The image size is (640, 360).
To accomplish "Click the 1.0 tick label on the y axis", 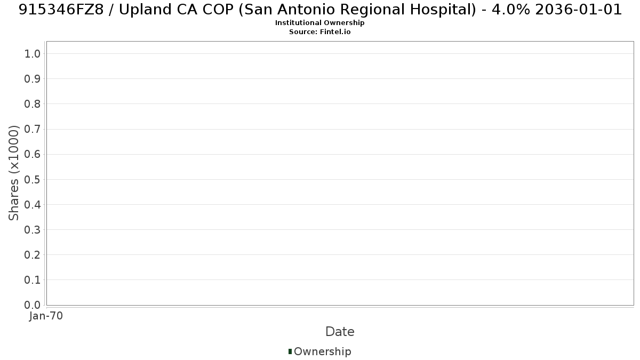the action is (x=32, y=54).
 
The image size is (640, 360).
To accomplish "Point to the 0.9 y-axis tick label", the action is (x=32, y=79).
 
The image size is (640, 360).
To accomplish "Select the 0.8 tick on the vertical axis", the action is (x=32, y=104).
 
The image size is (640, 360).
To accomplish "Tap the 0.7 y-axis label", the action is (x=32, y=129).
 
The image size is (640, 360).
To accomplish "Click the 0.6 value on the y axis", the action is (x=32, y=154).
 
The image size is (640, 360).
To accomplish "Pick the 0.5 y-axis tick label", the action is (x=32, y=179).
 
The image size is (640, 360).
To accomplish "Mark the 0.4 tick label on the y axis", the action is (x=32, y=205).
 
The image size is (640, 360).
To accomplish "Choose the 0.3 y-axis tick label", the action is (x=32, y=230).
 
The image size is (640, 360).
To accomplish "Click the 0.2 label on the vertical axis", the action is (x=32, y=255).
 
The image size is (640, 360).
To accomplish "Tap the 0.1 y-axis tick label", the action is (x=32, y=280).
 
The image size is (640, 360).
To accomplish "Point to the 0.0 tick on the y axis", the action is (x=32, y=305).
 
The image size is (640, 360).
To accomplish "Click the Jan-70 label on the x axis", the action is (x=46, y=316).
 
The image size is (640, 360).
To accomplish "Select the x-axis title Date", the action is (x=340, y=332).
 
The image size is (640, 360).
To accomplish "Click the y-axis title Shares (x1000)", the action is (x=13, y=173).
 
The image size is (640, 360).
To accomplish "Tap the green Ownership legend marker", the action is (x=290, y=351).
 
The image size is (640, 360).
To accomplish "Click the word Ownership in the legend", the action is (x=323, y=351).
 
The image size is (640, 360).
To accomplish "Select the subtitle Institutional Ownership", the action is (x=319, y=23).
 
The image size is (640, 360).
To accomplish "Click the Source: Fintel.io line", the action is (x=319, y=31).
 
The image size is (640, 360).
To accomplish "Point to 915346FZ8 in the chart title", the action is (x=61, y=10).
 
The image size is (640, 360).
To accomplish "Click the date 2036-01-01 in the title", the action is (x=579, y=10).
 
